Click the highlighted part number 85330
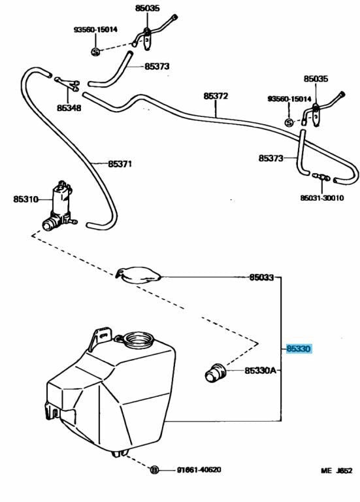[298, 348]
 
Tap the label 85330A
[260, 371]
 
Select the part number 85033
[261, 277]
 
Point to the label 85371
[120, 164]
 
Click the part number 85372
[216, 95]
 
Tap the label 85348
[69, 108]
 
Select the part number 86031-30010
[322, 198]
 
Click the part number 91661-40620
[199, 470]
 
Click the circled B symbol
[155, 470]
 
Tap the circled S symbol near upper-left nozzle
[95, 51]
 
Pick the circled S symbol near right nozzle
[289, 122]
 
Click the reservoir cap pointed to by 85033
[139, 275]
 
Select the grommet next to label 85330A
[216, 372]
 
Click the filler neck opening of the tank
[139, 339]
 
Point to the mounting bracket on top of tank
[101, 338]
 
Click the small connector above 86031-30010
[321, 177]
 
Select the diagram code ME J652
[336, 471]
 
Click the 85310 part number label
[25, 199]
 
